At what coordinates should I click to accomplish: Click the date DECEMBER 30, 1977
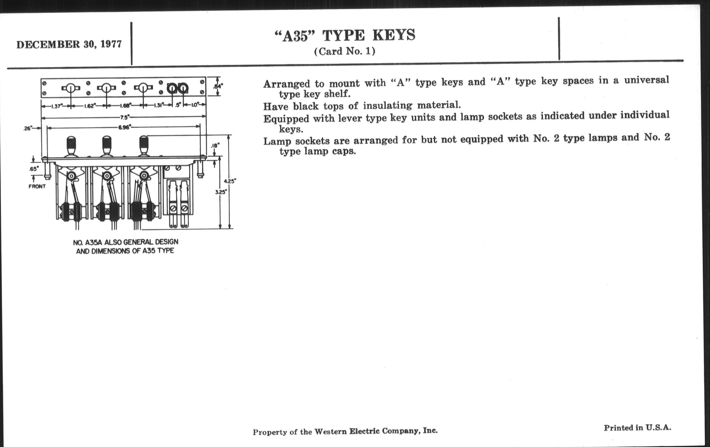pos(69,44)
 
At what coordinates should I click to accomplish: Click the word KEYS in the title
pos(394,35)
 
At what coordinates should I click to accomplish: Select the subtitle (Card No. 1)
pos(345,51)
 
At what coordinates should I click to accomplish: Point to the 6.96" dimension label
pos(124,127)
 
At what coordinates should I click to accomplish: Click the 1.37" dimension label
pos(56,106)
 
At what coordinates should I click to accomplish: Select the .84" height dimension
pos(218,86)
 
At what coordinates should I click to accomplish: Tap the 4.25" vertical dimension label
pos(230,181)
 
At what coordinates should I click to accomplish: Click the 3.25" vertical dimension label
pos(221,192)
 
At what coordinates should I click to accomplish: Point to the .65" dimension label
pos(34,169)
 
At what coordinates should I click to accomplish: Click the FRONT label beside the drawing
pos(37,186)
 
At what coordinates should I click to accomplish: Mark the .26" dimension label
pos(28,128)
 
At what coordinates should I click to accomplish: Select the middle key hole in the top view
pos(107,88)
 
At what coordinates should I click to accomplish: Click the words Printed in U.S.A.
pos(638,428)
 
